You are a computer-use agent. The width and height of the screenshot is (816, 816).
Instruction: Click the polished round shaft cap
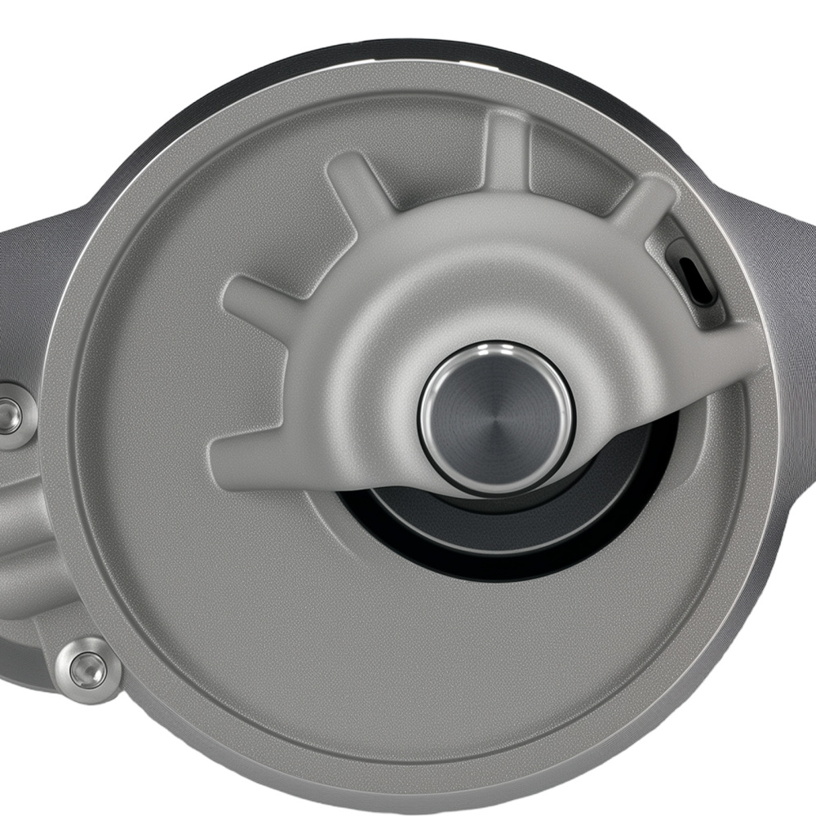pos(496,417)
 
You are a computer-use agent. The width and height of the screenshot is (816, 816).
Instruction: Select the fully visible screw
pos(87,670)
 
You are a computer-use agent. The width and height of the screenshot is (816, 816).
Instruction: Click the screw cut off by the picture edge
pos(10,417)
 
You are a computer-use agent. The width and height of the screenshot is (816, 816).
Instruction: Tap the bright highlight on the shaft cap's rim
pos(494,351)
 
